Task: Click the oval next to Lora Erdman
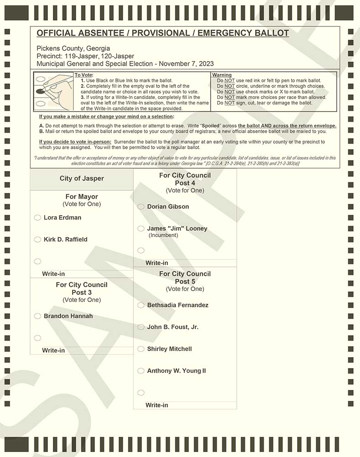[37, 218]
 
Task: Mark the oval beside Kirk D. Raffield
[37, 239]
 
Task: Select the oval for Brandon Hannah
[37, 316]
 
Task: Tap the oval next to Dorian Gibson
[141, 207]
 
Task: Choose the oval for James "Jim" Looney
[141, 228]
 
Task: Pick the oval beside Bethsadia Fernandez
[141, 305]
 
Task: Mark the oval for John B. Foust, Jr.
[141, 327]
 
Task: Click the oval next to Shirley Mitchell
[141, 349]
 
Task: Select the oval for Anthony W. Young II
[141, 371]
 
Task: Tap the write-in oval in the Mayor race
[37, 261]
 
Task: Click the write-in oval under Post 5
[141, 393]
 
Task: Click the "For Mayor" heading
[82, 197]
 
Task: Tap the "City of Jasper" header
[82, 178]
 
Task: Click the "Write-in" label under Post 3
[53, 350]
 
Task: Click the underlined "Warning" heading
[222, 75]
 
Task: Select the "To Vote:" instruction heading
[84, 75]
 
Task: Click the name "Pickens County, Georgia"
[73, 48]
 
